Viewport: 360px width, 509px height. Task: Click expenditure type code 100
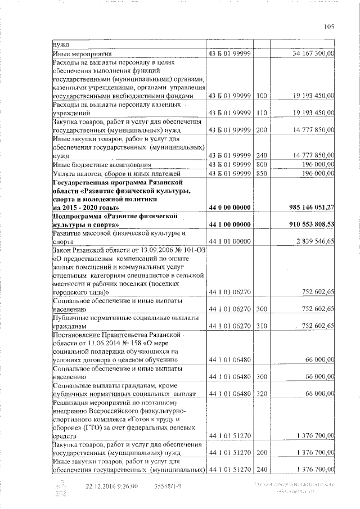click(x=260, y=96)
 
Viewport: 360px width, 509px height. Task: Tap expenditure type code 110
click(x=260, y=113)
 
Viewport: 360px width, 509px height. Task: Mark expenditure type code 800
click(x=260, y=164)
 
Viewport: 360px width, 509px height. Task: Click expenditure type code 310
click(x=260, y=326)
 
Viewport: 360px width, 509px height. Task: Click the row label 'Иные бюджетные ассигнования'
click(x=101, y=164)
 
